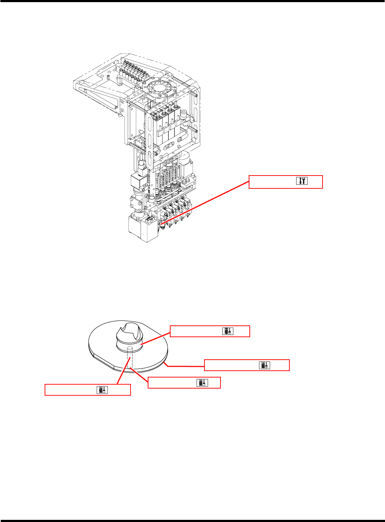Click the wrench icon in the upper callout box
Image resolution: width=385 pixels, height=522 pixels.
(302, 181)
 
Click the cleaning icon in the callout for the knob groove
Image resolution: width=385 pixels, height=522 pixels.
(228, 331)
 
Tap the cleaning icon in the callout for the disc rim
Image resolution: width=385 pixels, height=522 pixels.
(265, 365)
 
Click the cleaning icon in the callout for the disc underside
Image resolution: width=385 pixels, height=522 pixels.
(202, 383)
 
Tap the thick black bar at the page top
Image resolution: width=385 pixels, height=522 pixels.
(192, 1)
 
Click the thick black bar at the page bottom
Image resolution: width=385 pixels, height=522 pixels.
(192, 521)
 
